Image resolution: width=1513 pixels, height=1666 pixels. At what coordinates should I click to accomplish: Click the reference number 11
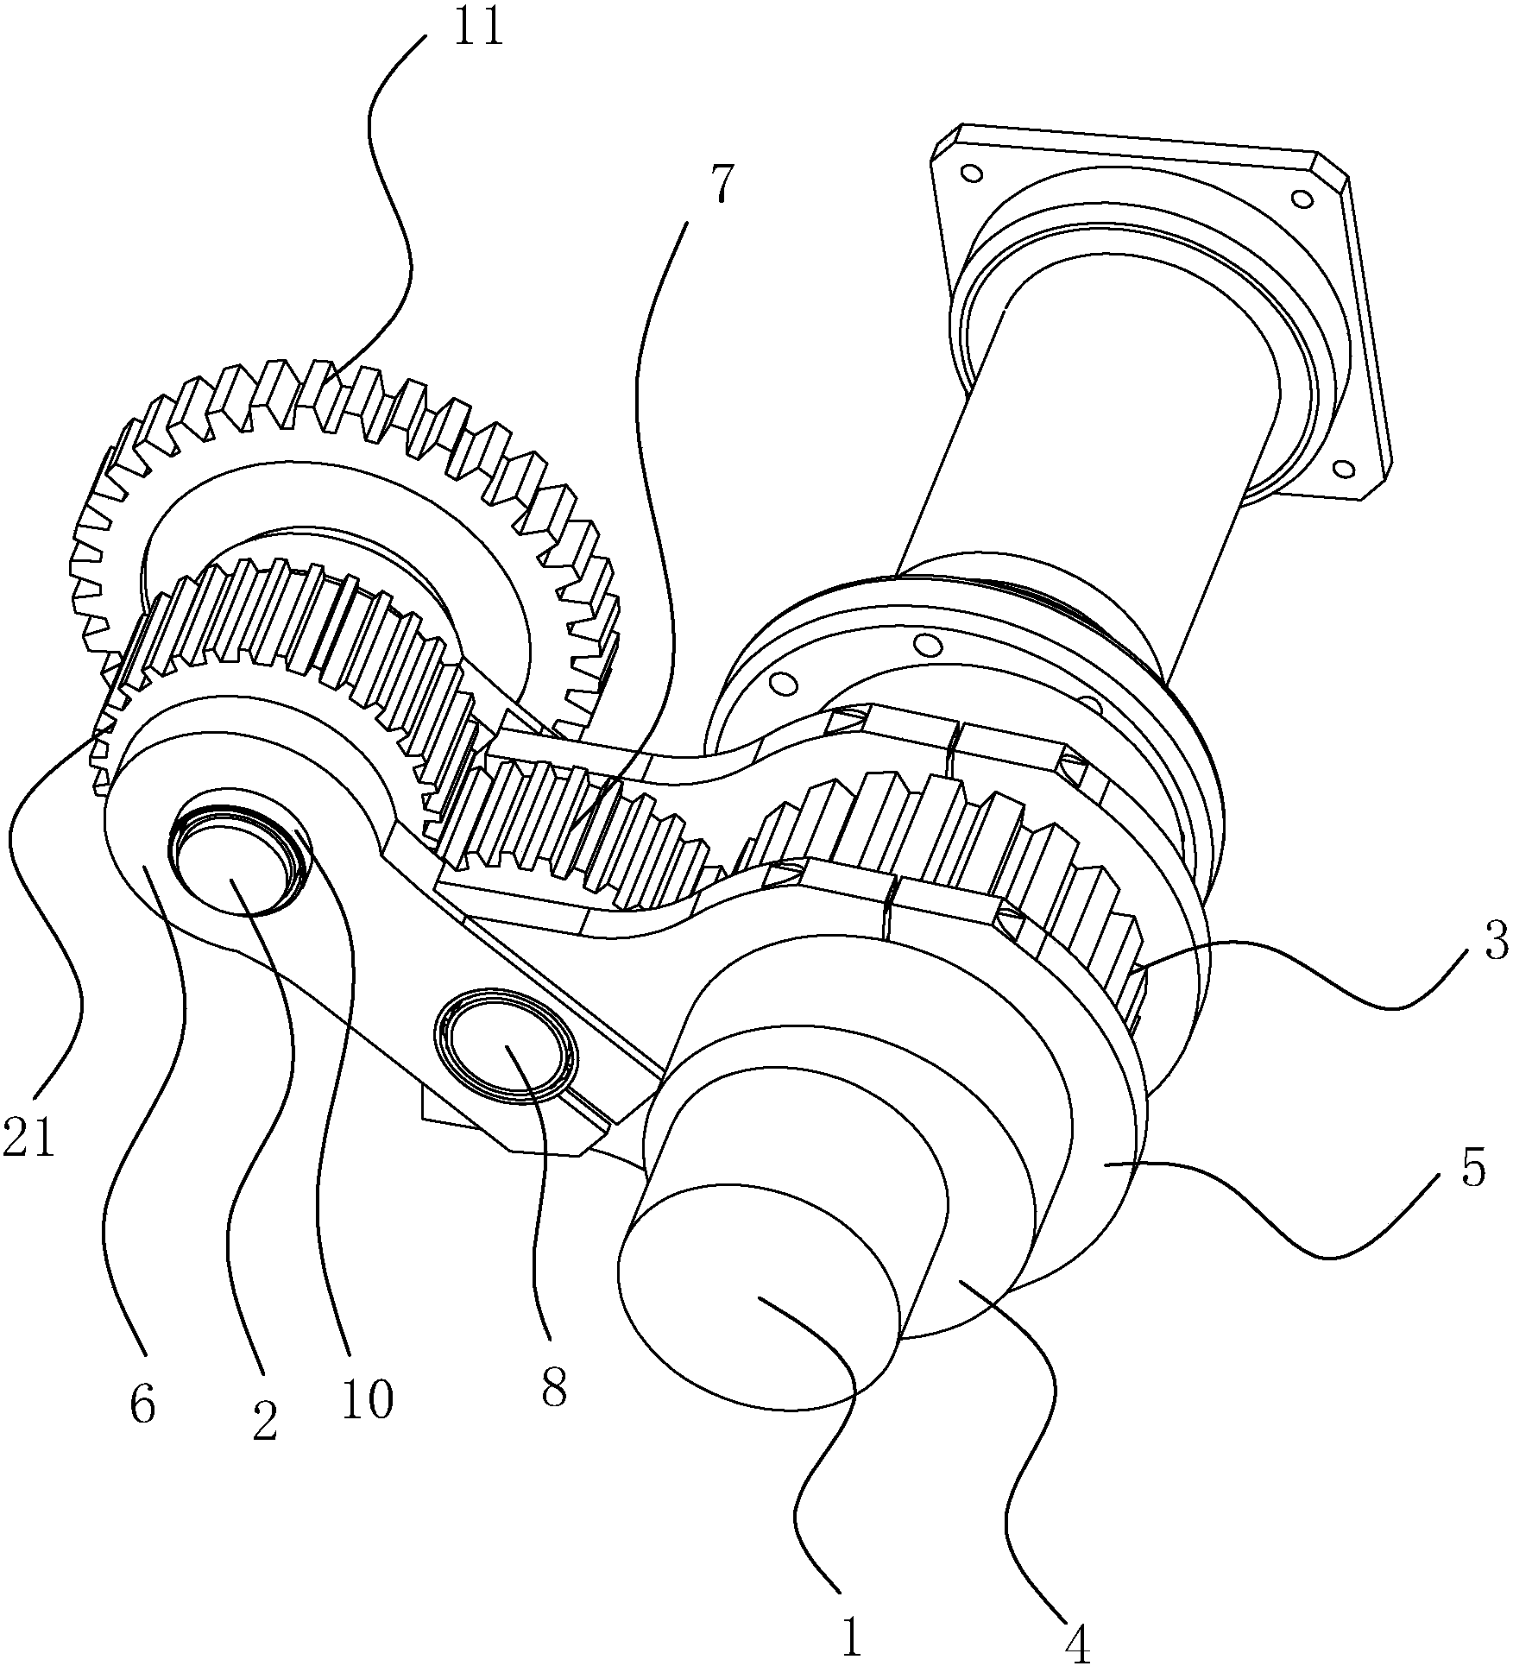coord(479,28)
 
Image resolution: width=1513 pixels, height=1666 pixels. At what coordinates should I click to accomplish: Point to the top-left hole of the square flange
coord(972,174)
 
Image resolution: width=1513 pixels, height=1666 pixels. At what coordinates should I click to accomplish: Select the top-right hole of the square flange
coord(1297,199)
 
